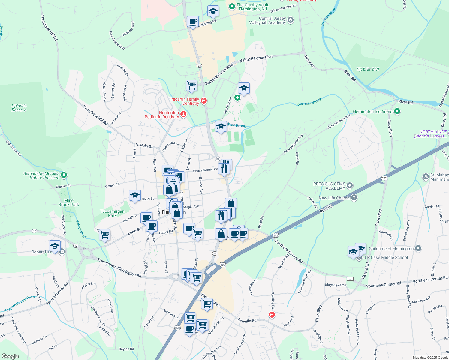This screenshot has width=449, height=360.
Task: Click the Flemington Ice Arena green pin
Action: (397, 112)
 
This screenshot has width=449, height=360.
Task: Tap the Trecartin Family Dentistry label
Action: (184, 101)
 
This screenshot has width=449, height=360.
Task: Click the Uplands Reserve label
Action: (19, 108)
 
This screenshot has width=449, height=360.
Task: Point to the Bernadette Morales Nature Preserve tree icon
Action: (64, 175)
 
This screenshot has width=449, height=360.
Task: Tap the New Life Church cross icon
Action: (354, 198)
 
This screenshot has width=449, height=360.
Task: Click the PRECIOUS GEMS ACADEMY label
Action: (329, 186)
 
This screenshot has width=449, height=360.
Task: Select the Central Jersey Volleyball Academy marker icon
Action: (290, 20)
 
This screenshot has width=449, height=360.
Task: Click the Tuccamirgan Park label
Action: (112, 213)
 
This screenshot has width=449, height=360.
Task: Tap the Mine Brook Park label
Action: (69, 202)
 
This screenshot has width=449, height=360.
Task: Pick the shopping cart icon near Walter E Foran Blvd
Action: (191, 85)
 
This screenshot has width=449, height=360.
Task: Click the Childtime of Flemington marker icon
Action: (418, 248)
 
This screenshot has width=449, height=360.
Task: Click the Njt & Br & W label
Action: (368, 69)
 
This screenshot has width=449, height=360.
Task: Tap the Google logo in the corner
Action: (10, 356)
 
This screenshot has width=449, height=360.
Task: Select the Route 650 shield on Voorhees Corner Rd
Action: (350, 279)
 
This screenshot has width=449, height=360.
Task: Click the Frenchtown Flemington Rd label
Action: (119, 268)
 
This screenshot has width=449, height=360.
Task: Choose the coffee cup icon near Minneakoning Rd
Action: (193, 22)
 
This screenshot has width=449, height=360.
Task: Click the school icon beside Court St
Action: (135, 195)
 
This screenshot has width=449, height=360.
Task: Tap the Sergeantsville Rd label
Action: (57, 294)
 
